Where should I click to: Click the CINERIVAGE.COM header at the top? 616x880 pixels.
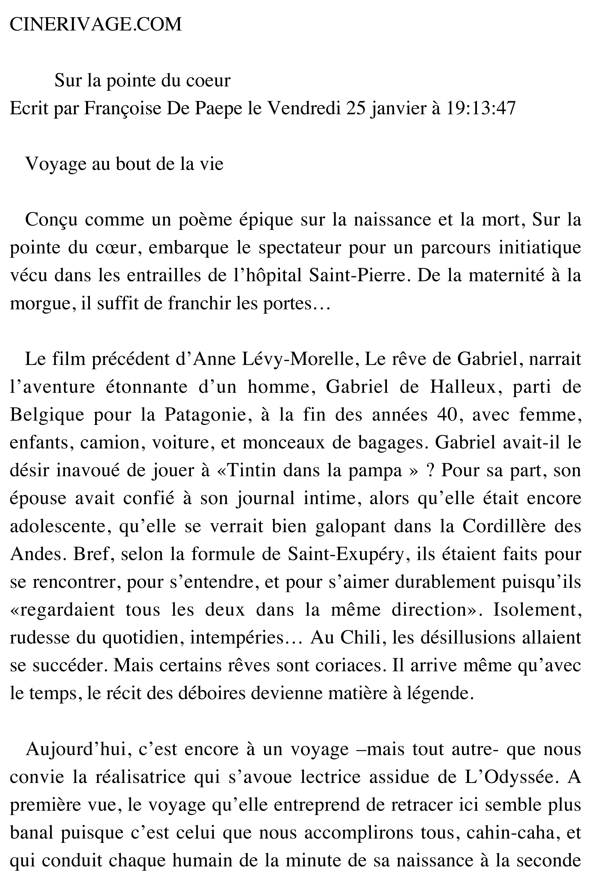(95, 25)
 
